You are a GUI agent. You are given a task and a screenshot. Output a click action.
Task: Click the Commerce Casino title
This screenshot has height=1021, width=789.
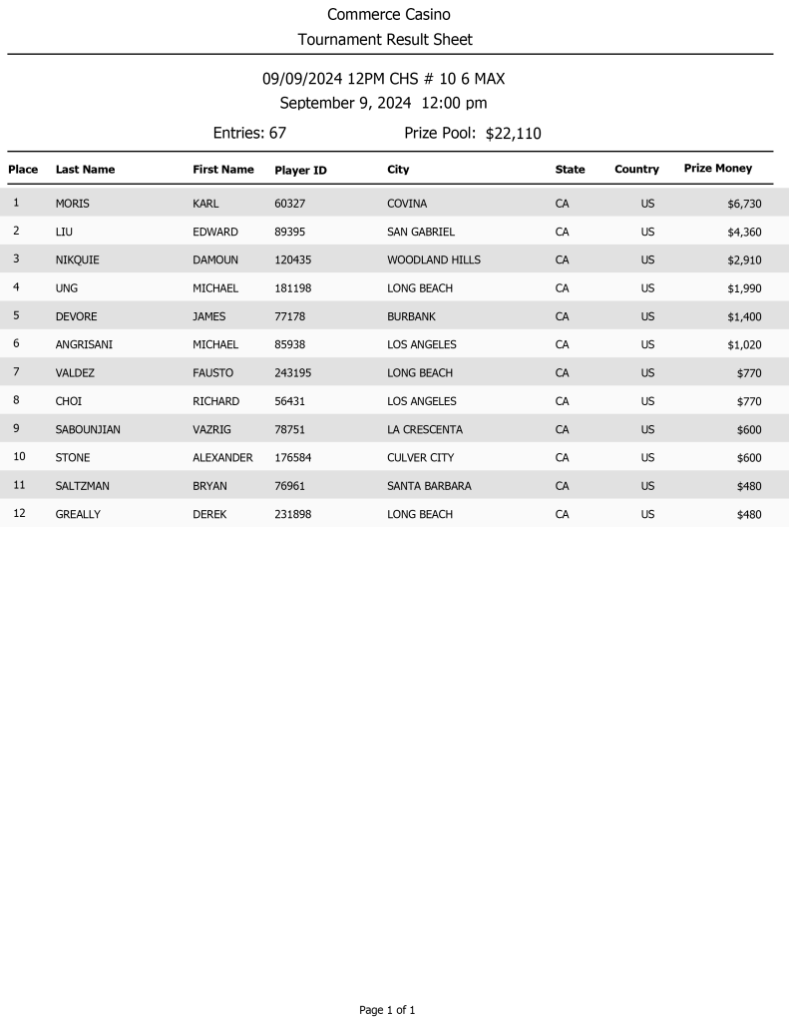389,15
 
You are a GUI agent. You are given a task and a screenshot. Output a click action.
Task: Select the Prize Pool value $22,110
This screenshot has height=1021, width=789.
513,134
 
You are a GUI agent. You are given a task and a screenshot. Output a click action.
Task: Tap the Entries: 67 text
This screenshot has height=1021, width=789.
249,133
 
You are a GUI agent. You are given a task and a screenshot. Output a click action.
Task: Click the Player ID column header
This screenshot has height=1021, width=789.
300,171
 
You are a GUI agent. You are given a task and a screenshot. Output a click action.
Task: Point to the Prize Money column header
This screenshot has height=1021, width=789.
717,169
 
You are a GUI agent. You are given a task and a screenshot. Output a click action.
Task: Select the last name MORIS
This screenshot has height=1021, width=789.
72,204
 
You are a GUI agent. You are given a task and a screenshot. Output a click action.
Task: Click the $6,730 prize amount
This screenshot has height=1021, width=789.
744,204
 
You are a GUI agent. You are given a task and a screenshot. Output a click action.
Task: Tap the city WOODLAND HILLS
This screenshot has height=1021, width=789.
433,259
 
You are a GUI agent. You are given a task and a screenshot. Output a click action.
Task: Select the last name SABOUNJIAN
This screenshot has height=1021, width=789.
88,430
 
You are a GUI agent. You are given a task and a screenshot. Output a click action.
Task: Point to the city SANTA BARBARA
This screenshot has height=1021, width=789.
429,486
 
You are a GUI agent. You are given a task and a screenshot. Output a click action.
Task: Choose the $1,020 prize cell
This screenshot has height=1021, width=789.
744,344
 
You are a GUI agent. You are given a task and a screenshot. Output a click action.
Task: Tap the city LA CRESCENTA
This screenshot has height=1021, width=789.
424,430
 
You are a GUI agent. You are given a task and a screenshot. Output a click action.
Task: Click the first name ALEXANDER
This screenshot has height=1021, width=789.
222,458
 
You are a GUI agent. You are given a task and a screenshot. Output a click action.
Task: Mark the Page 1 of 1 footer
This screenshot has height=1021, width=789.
387,1010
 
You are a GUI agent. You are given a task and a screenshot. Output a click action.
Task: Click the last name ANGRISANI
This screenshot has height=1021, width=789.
84,344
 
